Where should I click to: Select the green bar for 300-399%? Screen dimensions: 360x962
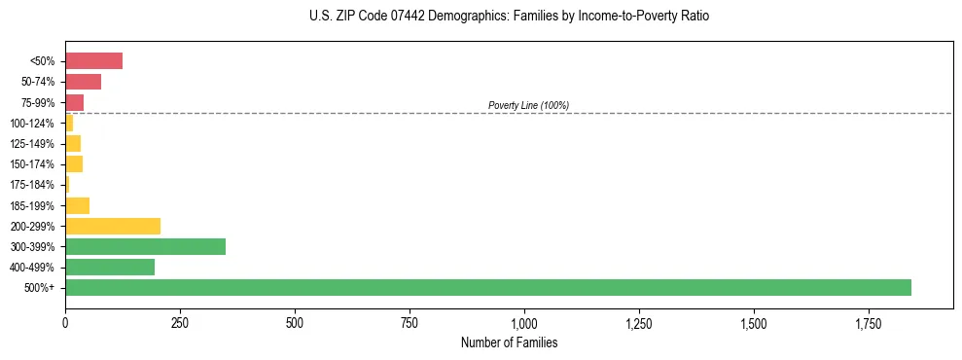[x=145, y=246]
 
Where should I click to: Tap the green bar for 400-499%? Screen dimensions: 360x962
[x=110, y=267]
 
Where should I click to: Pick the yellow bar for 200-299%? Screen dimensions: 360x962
[x=113, y=226]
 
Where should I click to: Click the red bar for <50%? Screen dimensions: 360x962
[x=93, y=61]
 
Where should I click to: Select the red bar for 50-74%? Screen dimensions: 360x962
[x=83, y=82]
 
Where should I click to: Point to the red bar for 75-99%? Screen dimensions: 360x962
[x=74, y=102]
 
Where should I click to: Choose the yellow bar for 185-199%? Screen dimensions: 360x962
[x=77, y=205]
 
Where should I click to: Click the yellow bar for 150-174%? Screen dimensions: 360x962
[x=74, y=164]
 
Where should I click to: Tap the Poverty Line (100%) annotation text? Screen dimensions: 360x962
[x=528, y=105]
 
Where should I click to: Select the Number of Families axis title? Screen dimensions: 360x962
[x=509, y=342]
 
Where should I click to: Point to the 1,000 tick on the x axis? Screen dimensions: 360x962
[x=524, y=322]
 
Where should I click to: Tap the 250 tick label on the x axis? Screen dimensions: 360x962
[x=180, y=322]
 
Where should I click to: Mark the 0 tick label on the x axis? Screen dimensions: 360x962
[x=65, y=322]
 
